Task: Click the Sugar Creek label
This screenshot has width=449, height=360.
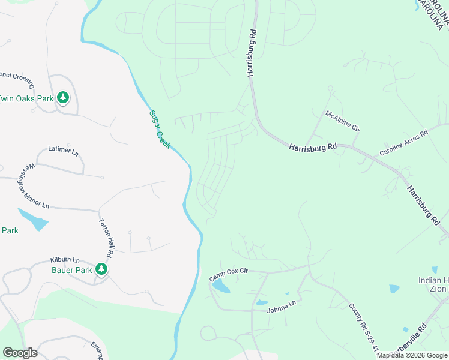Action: coord(160,129)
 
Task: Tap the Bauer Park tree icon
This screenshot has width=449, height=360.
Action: coord(102,269)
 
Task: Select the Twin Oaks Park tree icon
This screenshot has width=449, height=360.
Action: coord(63,97)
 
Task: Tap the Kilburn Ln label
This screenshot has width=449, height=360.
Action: coord(64,260)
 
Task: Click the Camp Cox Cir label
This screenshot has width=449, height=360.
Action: coord(229,275)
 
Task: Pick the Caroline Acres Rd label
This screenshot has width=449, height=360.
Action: coord(403,143)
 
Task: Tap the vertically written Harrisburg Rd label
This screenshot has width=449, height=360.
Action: coord(251,53)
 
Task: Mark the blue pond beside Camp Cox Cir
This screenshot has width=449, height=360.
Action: coord(220,286)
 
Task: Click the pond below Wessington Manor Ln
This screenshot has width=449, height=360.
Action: coord(34,220)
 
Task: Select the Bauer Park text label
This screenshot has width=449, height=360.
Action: coord(71,271)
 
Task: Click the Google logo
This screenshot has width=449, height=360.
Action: coord(20,353)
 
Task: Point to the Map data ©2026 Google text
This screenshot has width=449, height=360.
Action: coord(412,355)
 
